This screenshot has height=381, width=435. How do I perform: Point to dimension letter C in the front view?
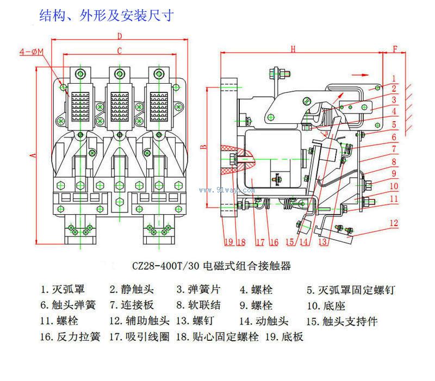coord(120,51)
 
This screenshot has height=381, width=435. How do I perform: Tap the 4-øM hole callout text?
coord(32,52)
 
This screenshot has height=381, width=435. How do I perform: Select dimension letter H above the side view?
coord(293,49)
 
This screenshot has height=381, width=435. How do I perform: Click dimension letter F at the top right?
coord(395,49)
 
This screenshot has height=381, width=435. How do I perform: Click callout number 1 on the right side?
coord(394,78)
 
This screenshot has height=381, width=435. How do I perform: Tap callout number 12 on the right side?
coord(394,223)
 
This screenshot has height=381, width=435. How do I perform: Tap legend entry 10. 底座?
coord(326,306)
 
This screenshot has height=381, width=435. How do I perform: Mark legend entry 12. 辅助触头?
coord(139,321)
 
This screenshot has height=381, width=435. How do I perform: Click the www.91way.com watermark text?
coord(227,191)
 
